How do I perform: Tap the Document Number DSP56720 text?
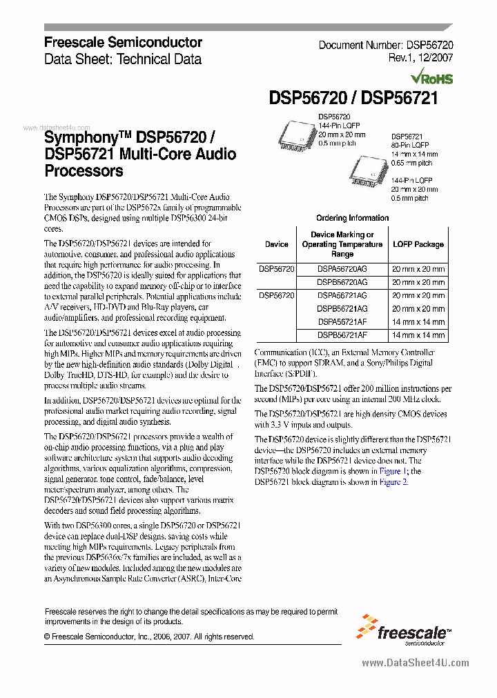point(385,45)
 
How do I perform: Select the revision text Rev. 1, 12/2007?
point(420,59)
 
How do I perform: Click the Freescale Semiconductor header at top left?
point(123,42)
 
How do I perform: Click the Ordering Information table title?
point(352,218)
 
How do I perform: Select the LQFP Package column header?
point(418,244)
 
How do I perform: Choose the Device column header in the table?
point(277,244)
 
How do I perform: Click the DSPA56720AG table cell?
point(342,269)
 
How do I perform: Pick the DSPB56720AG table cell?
point(342,282)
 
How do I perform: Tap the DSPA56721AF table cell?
point(342,321)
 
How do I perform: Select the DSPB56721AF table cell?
point(342,335)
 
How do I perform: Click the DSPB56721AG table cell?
point(342,308)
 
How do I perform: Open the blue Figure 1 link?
point(393,471)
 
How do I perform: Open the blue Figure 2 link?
point(394,482)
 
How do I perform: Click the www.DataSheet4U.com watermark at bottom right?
point(415,663)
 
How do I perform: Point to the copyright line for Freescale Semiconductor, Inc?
point(148,637)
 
